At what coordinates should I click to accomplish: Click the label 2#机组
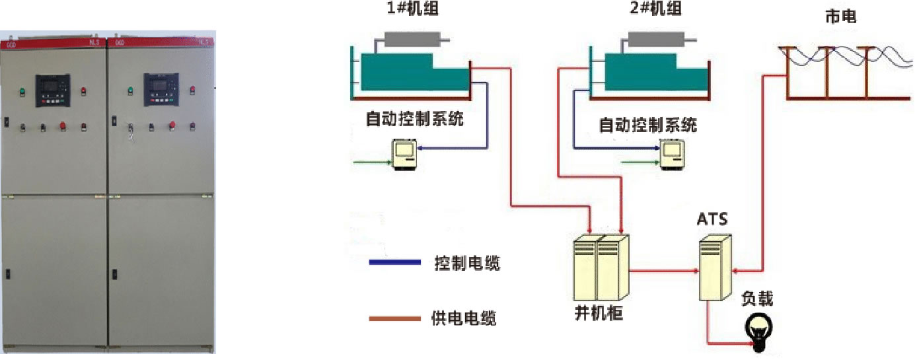[655, 9]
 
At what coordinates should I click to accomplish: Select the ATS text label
[712, 219]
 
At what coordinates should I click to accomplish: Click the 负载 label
[757, 299]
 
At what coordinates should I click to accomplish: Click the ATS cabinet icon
[714, 269]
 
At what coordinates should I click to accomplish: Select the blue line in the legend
[394, 263]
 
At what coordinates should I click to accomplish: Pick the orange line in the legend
[394, 319]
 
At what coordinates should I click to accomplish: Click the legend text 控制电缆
[467, 264]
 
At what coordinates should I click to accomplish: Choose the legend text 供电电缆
[466, 319]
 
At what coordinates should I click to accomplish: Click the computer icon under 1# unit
[403, 155]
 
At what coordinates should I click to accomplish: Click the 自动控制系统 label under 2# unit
[647, 125]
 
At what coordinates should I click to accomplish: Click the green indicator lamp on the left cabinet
[22, 92]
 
